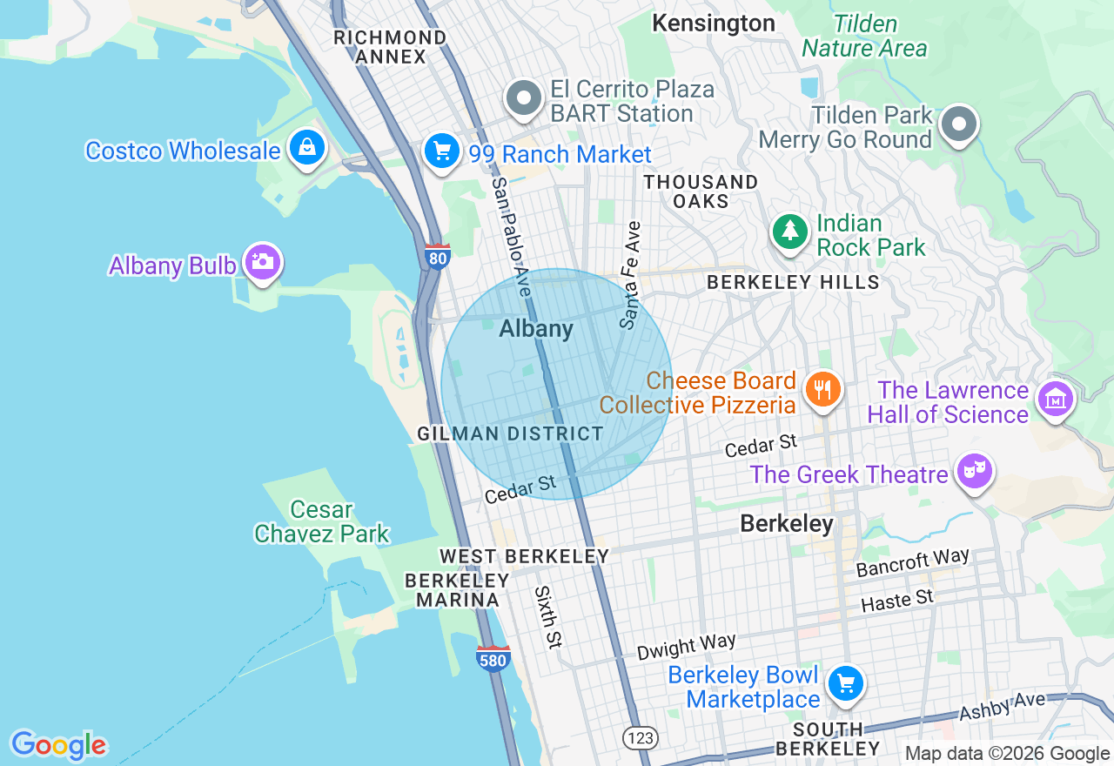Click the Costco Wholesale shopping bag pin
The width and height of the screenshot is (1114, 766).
(x=307, y=148)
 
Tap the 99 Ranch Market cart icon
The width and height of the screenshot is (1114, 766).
(x=441, y=151)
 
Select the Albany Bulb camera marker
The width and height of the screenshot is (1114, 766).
(x=262, y=262)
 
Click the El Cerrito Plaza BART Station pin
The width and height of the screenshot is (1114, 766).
(x=524, y=99)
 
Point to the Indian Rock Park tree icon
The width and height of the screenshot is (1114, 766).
(x=789, y=231)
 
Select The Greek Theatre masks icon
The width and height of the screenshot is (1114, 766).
(x=974, y=471)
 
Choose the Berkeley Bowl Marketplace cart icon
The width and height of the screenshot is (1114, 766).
(x=845, y=683)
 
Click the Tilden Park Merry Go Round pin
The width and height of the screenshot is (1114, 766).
(x=958, y=124)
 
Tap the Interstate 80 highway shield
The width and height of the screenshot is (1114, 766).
(x=438, y=257)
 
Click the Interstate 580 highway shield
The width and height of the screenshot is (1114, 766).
(x=493, y=659)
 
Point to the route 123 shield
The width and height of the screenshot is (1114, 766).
(x=640, y=737)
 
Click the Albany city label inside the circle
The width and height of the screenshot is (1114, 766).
(x=536, y=329)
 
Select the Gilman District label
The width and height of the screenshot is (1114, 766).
(x=510, y=433)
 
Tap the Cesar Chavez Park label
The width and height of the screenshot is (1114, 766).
(x=322, y=521)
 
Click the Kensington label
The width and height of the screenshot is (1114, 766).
(x=714, y=24)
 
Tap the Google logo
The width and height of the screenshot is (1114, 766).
(x=58, y=745)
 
